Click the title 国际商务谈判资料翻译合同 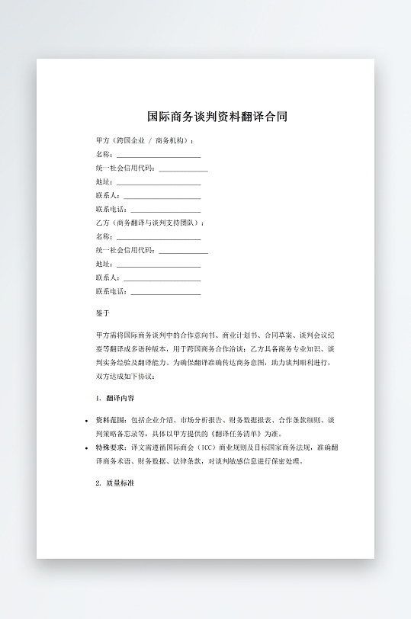click(217, 117)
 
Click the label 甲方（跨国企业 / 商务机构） click(143, 140)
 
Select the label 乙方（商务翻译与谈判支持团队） click(149, 223)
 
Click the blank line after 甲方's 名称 click(158, 155)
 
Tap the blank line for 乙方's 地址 click(158, 265)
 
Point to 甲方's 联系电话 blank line click(165, 210)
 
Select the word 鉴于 click(103, 313)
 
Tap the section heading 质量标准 click(120, 483)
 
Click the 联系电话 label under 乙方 click(111, 291)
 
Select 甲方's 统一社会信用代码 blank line click(183, 168)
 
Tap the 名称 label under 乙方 click(104, 236)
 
